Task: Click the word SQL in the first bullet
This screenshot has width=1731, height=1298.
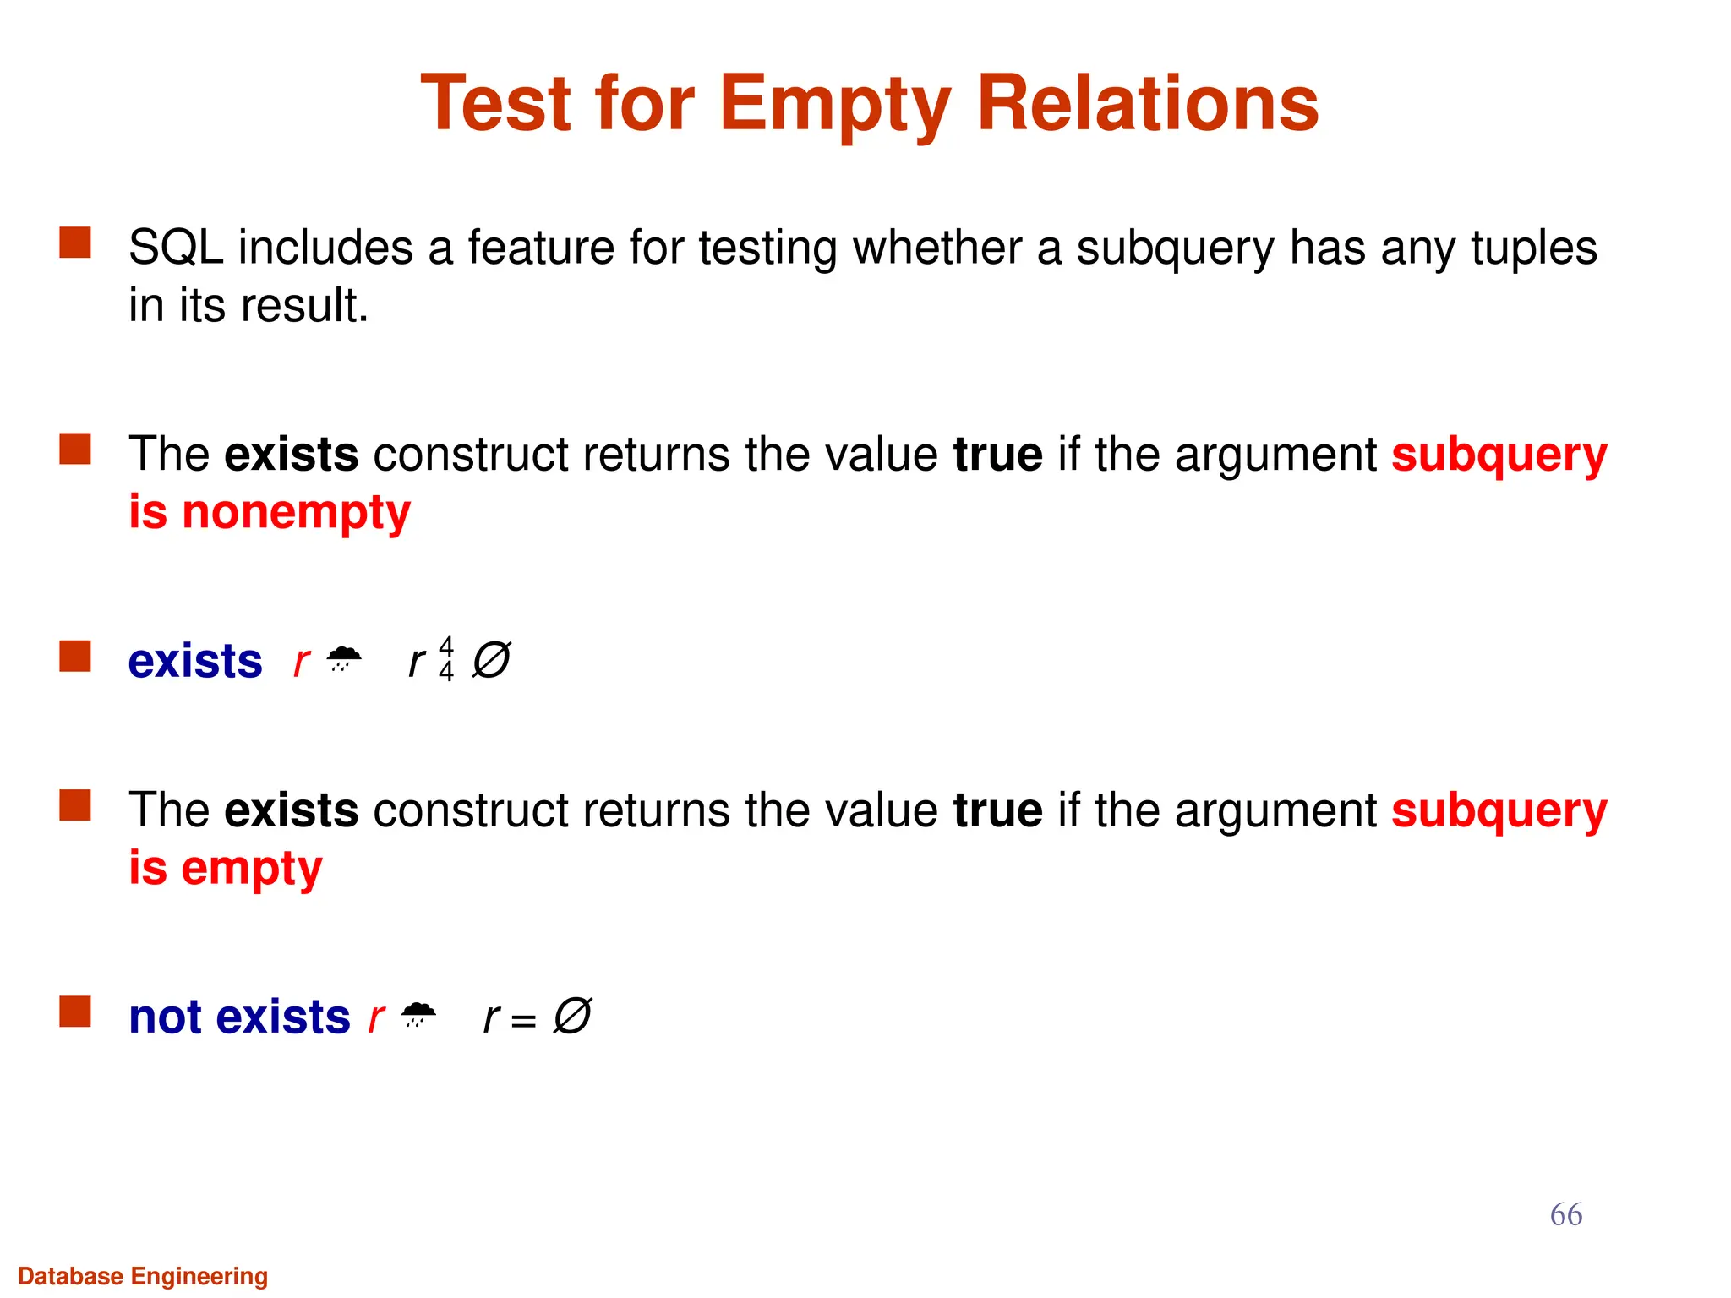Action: [176, 248]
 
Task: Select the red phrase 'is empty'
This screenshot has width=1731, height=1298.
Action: [226, 869]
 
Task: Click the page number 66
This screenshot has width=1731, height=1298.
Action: [1565, 1214]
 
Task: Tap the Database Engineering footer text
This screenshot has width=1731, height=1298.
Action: [143, 1276]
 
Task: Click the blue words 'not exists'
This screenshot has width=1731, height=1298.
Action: [239, 1017]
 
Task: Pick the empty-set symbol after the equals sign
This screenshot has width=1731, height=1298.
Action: [572, 1016]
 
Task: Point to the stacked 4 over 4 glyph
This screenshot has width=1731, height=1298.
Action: [446, 659]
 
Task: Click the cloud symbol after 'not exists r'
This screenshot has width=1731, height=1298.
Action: [418, 1013]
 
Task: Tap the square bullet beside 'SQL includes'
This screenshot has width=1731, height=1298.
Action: [75, 243]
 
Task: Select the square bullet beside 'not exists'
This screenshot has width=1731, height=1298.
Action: [75, 1012]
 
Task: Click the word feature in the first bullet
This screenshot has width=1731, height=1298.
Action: [541, 248]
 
